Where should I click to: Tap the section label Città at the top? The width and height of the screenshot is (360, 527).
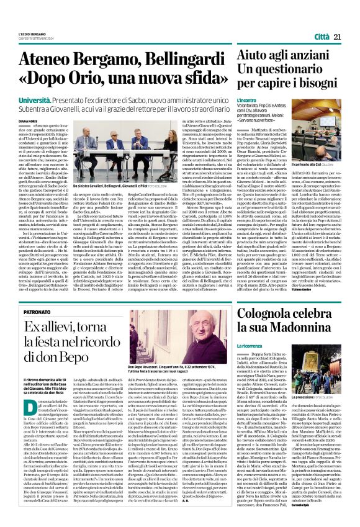(x=322, y=37)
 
